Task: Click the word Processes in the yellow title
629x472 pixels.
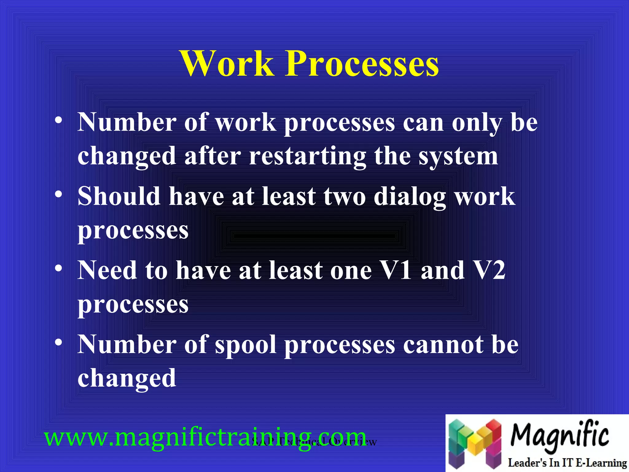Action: point(362,64)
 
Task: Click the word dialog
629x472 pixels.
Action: point(410,197)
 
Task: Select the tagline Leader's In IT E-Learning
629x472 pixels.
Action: point(567,462)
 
